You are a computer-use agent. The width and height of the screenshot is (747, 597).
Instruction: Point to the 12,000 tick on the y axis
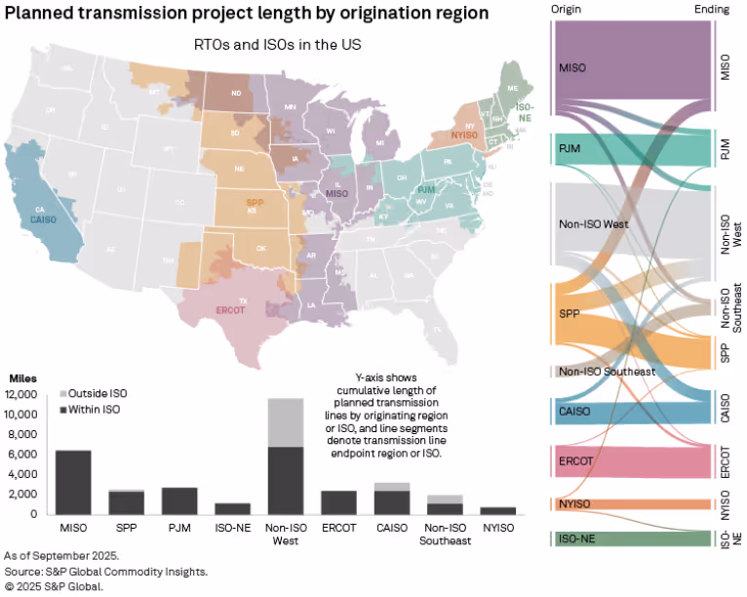pos(26,394)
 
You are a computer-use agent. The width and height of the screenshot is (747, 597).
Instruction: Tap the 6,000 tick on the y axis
pos(30,455)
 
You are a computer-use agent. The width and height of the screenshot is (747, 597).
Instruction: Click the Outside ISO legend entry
pos(95,393)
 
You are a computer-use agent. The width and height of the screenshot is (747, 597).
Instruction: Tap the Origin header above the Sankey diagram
pos(564,8)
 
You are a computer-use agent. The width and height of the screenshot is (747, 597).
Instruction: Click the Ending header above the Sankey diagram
pos(717,8)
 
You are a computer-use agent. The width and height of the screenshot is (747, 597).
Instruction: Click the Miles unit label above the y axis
pos(23,378)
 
